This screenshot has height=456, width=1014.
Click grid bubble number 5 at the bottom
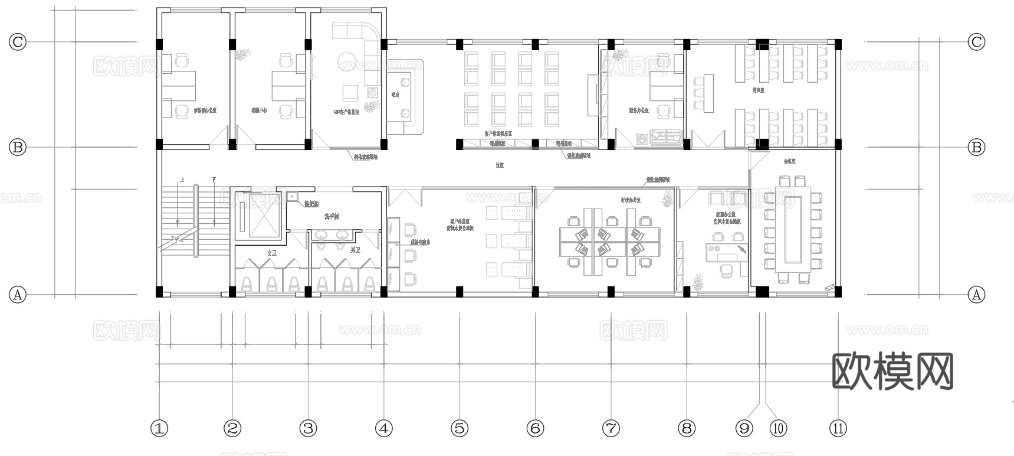(460, 428)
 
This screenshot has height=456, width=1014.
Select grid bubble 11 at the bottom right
(838, 428)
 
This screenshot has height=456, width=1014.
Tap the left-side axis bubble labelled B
(18, 147)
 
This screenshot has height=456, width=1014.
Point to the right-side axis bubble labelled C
(977, 42)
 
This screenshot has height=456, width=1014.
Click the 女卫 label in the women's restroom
(271, 252)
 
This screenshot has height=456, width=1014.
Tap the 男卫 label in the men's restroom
(355, 250)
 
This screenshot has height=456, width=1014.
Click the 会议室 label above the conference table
(789, 161)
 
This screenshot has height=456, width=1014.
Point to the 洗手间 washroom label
(332, 217)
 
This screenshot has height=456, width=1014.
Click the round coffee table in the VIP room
(347, 60)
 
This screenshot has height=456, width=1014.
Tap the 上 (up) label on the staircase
(182, 180)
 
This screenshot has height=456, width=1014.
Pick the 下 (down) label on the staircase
(213, 180)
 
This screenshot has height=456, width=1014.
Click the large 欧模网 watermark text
(892, 372)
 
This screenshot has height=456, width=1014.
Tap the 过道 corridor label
(500, 165)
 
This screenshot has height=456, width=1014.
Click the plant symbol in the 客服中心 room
(241, 56)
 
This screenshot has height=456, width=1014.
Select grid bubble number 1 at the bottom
(159, 428)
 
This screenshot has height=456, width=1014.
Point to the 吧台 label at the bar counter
(395, 94)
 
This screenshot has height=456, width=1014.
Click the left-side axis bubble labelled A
(18, 294)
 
